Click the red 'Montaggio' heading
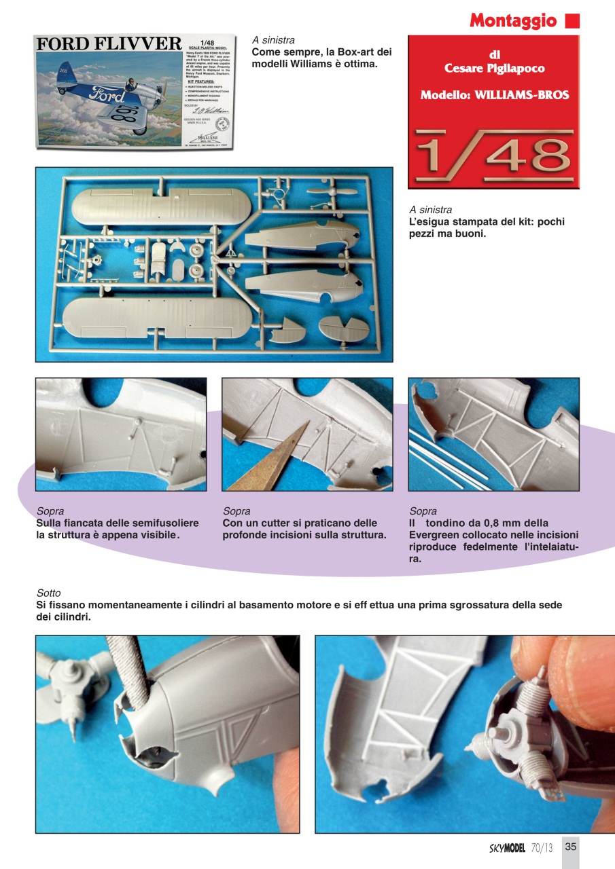[x=513, y=20]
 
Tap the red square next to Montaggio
[x=572, y=20]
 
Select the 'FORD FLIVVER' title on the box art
[x=109, y=45]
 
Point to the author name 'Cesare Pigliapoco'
[x=493, y=69]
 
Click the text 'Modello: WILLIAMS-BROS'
[x=494, y=95]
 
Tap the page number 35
[x=571, y=847]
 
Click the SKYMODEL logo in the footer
[x=507, y=847]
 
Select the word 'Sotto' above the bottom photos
[x=48, y=593]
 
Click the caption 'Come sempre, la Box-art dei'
[x=321, y=52]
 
